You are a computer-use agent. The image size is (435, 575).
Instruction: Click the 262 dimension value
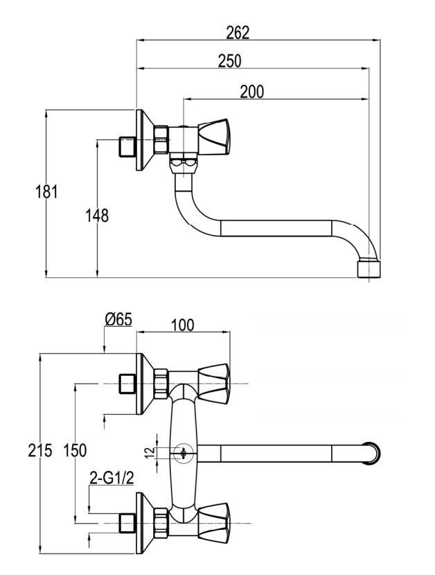(x=238, y=33)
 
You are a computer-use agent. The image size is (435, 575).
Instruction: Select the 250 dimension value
(x=230, y=61)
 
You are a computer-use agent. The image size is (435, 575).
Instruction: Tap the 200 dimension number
(x=252, y=92)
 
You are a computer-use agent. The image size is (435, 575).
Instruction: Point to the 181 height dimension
(x=46, y=192)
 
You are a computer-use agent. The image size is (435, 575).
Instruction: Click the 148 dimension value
(x=97, y=216)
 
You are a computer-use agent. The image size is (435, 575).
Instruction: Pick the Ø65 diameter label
(x=118, y=319)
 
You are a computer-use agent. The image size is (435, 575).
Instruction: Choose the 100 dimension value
(x=183, y=325)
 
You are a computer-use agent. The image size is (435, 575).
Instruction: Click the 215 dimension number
(x=40, y=450)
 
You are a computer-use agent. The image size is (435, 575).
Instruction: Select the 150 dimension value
(x=75, y=450)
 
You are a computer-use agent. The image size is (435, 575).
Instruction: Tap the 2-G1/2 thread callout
(x=112, y=478)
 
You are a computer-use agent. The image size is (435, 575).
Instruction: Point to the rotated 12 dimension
(x=150, y=453)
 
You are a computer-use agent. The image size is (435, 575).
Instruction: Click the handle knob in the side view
(x=215, y=137)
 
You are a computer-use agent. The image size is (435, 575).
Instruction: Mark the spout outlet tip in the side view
(x=369, y=268)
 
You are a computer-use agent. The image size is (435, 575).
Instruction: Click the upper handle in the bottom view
(x=214, y=384)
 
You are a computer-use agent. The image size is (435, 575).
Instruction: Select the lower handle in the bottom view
(x=214, y=522)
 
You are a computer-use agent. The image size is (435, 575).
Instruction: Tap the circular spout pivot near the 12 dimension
(x=183, y=453)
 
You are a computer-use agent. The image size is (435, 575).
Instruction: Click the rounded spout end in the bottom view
(x=372, y=453)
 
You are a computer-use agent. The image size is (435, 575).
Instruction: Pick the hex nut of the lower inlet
(x=161, y=522)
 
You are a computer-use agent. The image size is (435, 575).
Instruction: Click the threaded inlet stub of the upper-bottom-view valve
(x=127, y=384)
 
